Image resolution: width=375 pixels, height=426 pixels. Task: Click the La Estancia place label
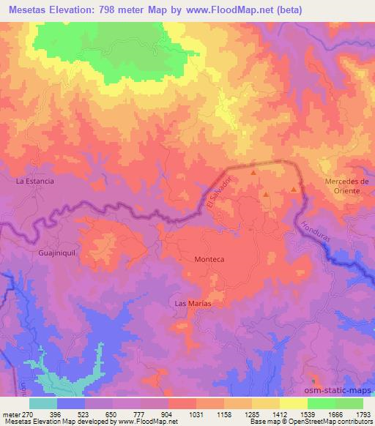35,179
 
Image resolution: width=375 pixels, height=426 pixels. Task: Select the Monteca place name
207,259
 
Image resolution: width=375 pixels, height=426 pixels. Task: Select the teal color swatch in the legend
43,402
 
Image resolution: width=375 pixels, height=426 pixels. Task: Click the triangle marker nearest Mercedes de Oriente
294,189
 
